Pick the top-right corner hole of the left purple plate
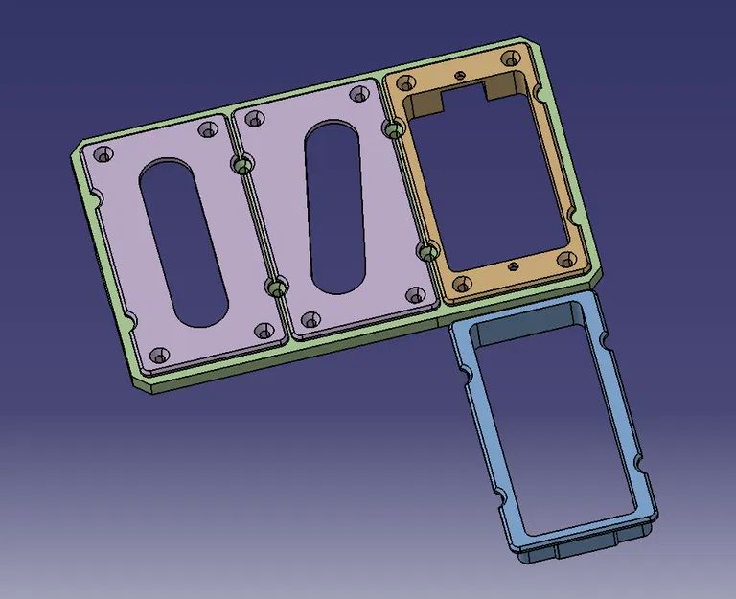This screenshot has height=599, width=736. click(205, 129)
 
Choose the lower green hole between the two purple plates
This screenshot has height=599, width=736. click(274, 287)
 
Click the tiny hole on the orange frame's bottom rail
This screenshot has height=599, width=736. click(515, 265)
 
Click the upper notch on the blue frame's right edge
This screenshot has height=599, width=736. click(605, 341)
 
